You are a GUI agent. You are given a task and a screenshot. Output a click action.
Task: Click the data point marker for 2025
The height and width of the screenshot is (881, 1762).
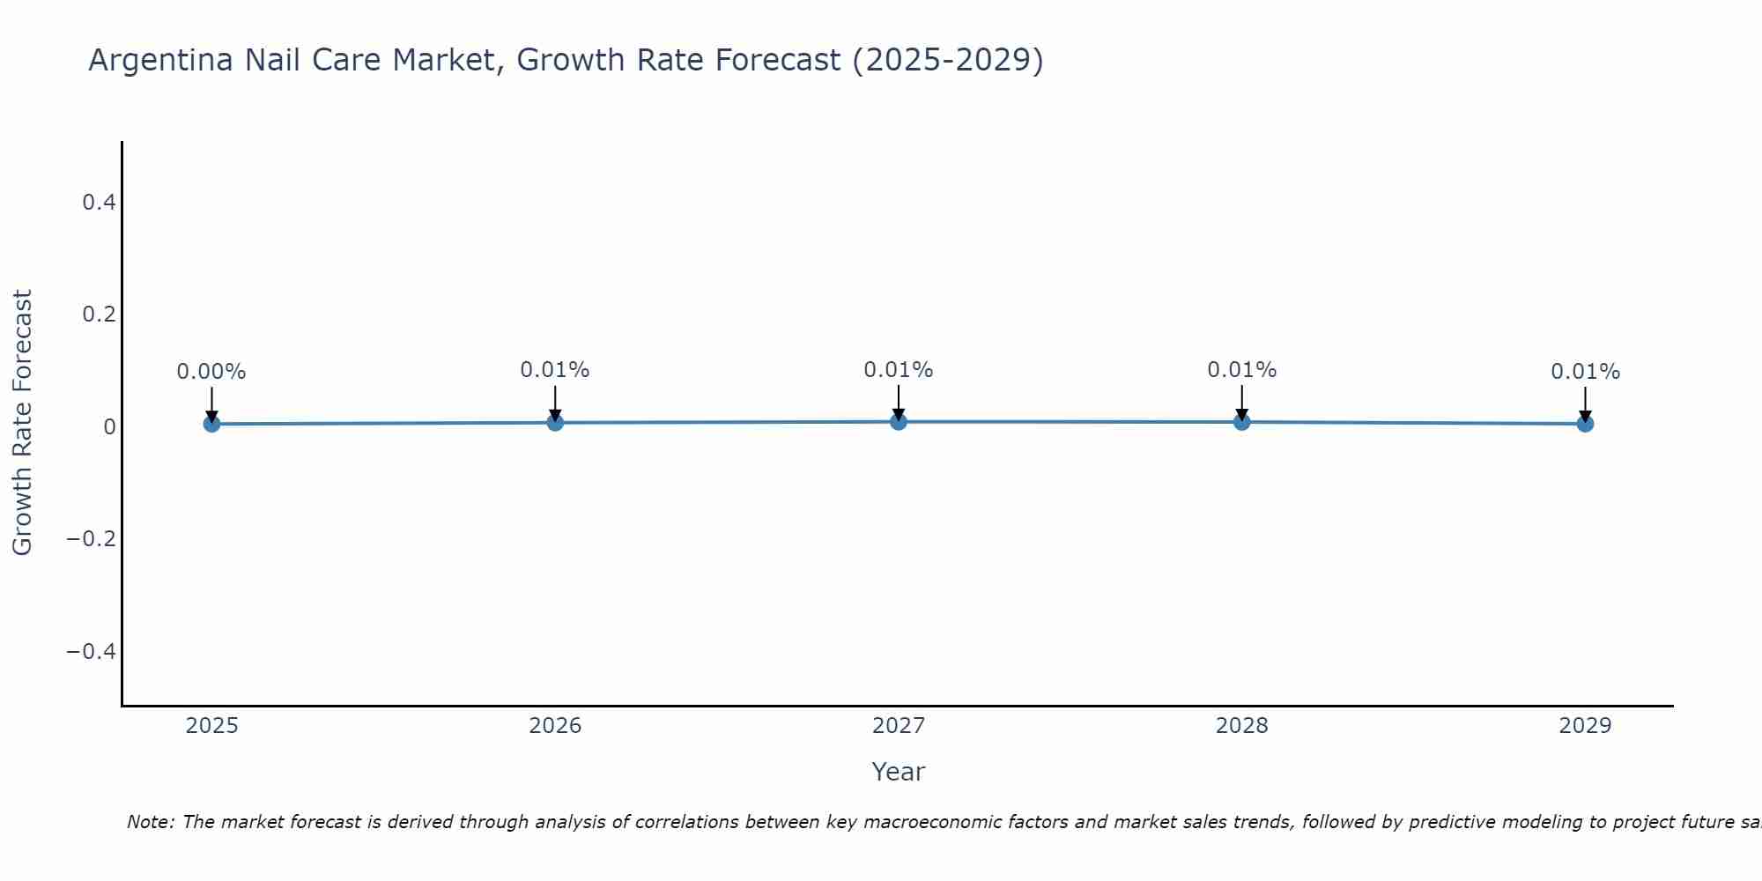[x=211, y=424]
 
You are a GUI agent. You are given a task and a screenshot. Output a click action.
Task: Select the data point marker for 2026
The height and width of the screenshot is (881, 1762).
[x=555, y=423]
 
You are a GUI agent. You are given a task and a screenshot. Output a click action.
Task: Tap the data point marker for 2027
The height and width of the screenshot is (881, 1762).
[x=899, y=422]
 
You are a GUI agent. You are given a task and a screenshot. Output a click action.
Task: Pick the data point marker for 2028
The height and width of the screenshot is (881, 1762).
[x=1241, y=422]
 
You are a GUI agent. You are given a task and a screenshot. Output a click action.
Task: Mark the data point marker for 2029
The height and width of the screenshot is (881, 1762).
[x=1585, y=424]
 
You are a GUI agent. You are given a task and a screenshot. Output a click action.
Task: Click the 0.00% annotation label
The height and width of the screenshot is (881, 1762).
[x=211, y=372]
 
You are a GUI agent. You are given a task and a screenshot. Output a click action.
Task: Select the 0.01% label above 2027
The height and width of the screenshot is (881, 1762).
[x=899, y=370]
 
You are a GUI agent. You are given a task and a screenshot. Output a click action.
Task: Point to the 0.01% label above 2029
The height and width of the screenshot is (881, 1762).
[x=1585, y=372]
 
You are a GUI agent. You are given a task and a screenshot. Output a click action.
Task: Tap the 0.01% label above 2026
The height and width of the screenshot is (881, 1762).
[x=555, y=370]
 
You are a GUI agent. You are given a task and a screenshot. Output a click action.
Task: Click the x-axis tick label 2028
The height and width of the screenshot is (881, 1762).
[x=1241, y=726]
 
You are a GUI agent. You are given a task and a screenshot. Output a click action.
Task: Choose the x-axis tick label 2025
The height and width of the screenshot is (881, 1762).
[x=211, y=726]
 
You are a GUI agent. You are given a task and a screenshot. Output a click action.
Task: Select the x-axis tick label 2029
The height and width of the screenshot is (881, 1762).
[x=1585, y=726]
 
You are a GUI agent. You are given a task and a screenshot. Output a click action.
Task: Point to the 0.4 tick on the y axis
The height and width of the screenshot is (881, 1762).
[x=99, y=203]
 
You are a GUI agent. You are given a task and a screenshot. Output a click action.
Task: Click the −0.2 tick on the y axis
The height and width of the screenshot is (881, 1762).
[x=92, y=539]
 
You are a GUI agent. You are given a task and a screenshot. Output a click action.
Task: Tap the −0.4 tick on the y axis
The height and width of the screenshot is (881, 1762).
[x=92, y=651]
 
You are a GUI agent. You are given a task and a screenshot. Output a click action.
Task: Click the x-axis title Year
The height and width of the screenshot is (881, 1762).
[x=898, y=772]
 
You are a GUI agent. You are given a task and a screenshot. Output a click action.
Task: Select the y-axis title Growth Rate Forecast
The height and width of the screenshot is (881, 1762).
[x=22, y=423]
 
